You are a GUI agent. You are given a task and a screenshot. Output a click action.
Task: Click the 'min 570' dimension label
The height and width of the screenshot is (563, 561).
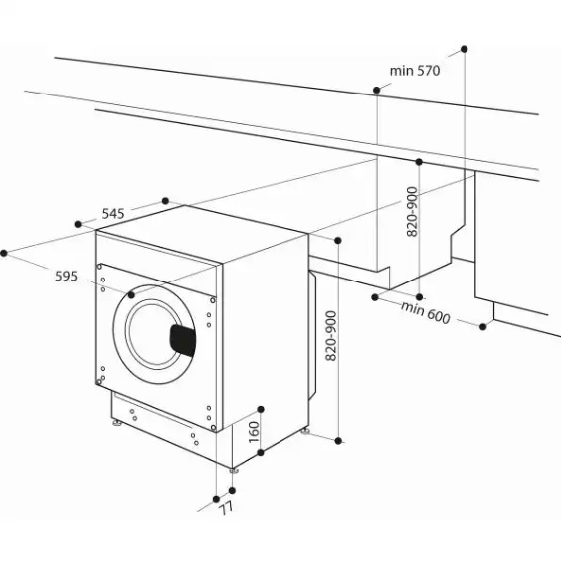coord(415,71)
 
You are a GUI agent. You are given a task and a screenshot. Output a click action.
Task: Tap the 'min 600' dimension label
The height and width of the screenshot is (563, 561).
coord(426,313)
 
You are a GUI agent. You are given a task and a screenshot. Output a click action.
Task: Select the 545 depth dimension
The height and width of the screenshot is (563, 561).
coord(113,214)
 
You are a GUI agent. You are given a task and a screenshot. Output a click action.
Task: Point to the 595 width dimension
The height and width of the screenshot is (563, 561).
coord(66,277)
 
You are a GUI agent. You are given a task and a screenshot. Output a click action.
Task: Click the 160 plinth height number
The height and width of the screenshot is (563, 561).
coord(254,432)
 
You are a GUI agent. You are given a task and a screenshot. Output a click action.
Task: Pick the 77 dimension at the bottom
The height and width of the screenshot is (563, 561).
coord(226,508)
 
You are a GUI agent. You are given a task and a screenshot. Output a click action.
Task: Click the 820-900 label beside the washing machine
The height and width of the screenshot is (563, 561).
coord(331,336)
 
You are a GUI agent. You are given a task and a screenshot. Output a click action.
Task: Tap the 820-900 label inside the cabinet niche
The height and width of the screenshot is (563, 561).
coord(413,212)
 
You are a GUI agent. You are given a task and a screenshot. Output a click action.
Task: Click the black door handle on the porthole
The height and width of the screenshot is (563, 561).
coord(183,339)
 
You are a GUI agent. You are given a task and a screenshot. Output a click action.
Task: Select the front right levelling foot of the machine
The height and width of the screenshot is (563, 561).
coord(234,469)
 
